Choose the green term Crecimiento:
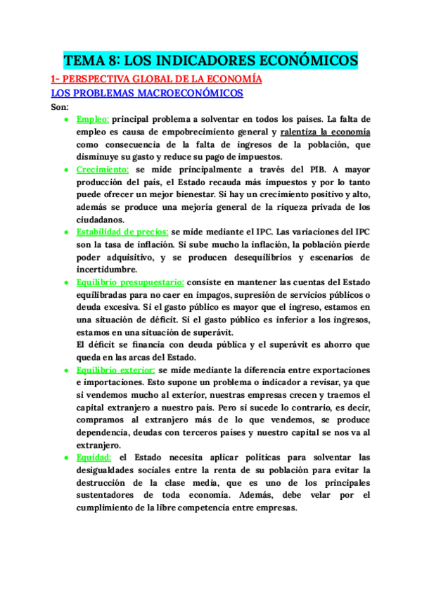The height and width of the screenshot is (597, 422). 103,170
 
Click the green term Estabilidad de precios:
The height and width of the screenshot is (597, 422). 122,232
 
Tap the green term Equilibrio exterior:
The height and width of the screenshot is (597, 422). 116,370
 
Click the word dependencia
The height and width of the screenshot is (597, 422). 105,432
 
